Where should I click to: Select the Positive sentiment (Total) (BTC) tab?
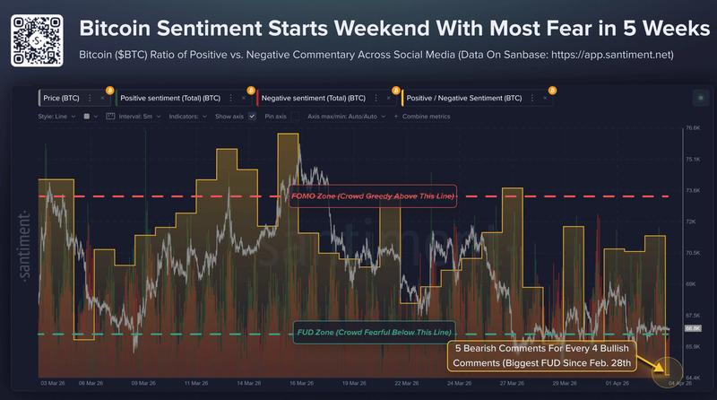coord(170,97)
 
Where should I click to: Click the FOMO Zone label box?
coord(373,196)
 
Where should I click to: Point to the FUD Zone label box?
coord(373,334)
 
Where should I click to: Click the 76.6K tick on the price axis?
coord(691,128)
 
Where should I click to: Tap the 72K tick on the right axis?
coord(691,222)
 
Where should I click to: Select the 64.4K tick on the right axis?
coord(691,377)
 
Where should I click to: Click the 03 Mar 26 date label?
coord(51,382)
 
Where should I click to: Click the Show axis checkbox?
coord(253,117)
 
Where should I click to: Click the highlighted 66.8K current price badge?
coord(691,329)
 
